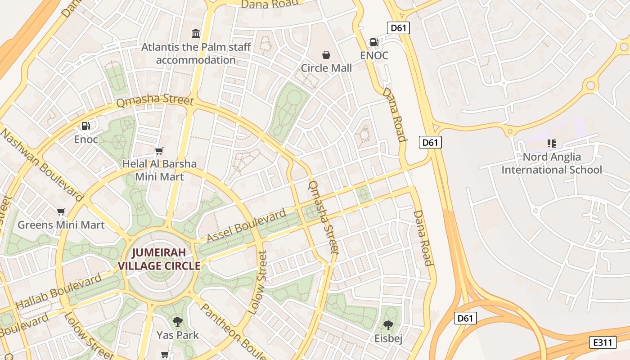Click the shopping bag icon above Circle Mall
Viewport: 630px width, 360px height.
click(326, 55)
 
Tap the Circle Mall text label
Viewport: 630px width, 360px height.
click(326, 68)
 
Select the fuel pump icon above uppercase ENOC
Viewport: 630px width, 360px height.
click(374, 42)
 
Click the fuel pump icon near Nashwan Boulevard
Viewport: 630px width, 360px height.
click(85, 126)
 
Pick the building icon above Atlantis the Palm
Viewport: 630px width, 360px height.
click(196, 33)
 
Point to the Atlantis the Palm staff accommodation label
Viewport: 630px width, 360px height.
click(196, 53)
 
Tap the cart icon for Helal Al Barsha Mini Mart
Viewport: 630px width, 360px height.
click(159, 151)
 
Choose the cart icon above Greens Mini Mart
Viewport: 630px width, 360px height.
click(61, 211)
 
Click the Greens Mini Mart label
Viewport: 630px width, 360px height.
click(61, 225)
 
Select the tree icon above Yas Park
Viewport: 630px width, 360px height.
click(178, 322)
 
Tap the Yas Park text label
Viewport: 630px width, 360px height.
click(178, 335)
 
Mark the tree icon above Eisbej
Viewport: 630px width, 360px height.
click(388, 325)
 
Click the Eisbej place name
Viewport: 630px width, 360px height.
click(388, 338)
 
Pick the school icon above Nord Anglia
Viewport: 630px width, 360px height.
click(552, 144)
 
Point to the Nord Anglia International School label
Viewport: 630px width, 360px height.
click(552, 163)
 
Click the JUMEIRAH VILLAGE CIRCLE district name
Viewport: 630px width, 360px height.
click(159, 259)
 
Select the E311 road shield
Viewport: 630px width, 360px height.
click(603, 342)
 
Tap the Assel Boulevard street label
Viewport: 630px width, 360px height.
click(246, 226)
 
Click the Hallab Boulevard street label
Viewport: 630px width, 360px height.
click(58, 292)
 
